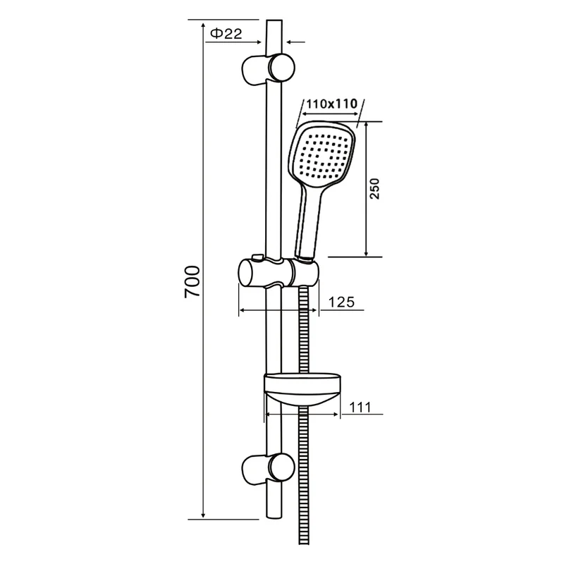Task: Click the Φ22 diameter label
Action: [x=226, y=34]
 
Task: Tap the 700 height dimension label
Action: [x=192, y=281]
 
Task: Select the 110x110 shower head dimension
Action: [x=331, y=104]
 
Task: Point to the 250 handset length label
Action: [x=374, y=188]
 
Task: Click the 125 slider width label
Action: [x=341, y=302]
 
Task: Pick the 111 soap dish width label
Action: [x=360, y=407]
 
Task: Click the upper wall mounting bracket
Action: [x=269, y=69]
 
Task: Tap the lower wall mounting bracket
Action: [x=269, y=468]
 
